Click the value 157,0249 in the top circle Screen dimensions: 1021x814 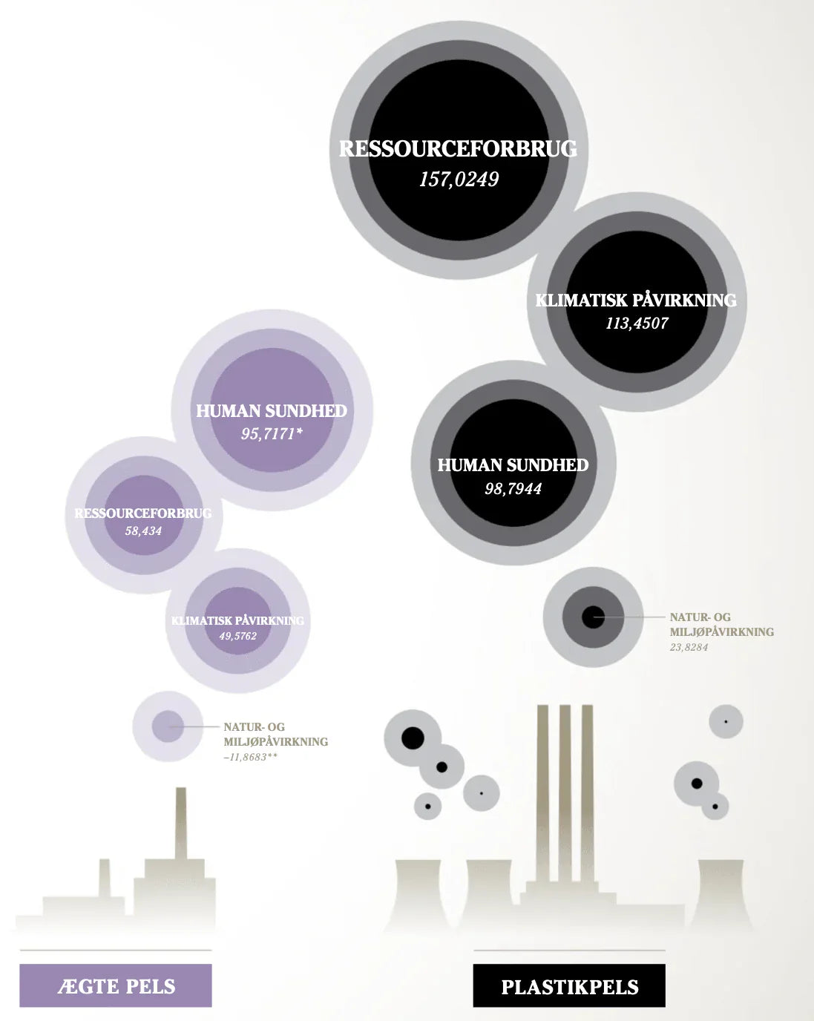[x=459, y=180]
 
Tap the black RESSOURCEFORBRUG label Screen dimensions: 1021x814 [x=458, y=149]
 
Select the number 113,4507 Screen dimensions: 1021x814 [x=637, y=324]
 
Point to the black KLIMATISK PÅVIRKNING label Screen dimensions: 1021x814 [x=636, y=301]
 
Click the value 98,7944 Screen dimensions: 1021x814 [x=513, y=489]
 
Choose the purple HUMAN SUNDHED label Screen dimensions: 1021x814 [x=272, y=411]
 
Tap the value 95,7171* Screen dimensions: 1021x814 [x=272, y=434]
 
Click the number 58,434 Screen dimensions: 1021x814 [x=143, y=531]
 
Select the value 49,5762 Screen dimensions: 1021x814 [x=237, y=637]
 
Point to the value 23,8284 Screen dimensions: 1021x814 [x=689, y=648]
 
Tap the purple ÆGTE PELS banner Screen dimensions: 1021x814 [x=116, y=986]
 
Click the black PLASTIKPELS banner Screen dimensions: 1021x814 [x=569, y=987]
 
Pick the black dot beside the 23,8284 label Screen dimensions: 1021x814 [x=592, y=617]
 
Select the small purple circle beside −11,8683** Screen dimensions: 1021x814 [x=168, y=726]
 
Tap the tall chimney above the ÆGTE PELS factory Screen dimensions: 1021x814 [x=180, y=824]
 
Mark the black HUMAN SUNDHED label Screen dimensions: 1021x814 [x=513, y=466]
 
